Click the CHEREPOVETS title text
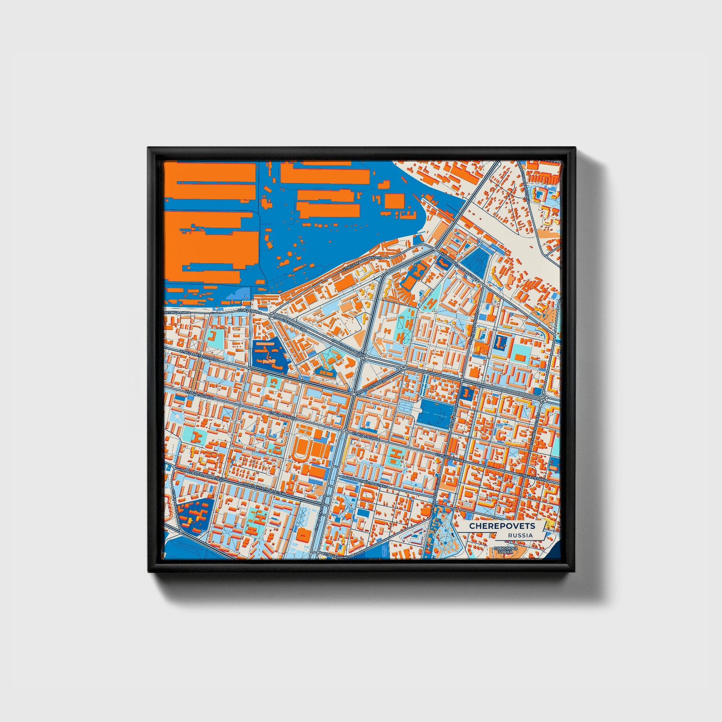[x=502, y=526]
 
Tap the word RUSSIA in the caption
[x=520, y=535]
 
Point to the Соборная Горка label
[x=505, y=550]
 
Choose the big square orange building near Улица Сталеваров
[x=303, y=534]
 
